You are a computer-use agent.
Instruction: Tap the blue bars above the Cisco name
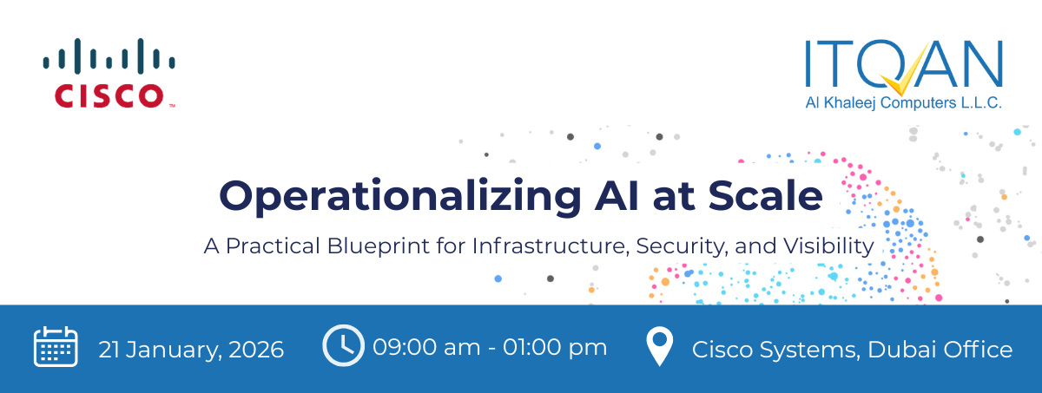(109, 56)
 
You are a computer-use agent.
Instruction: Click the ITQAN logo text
(903, 66)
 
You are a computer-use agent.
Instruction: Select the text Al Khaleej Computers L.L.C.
(903, 103)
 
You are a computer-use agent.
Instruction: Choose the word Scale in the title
(765, 195)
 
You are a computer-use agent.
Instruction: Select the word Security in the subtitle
(681, 246)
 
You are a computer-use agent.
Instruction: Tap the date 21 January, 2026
(191, 350)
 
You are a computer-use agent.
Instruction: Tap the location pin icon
(661, 347)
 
